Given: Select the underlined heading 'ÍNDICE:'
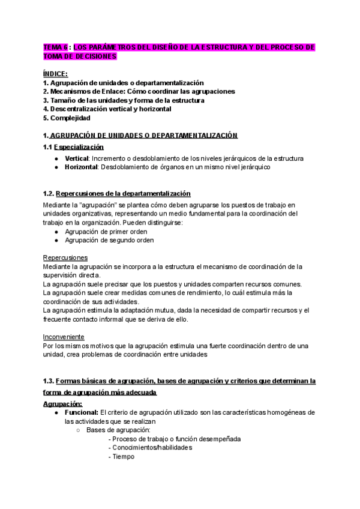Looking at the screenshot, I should (x=55, y=73).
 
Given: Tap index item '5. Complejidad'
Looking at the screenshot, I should (x=67, y=118).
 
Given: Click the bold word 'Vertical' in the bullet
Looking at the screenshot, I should (x=76, y=158).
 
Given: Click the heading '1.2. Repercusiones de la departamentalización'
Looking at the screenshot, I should (x=117, y=193).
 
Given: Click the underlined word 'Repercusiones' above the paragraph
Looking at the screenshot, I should (x=65, y=258).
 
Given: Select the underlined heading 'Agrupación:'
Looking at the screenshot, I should (x=62, y=403).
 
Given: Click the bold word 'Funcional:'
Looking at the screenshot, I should (x=81, y=412).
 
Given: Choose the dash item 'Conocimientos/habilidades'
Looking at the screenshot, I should (x=150, y=447).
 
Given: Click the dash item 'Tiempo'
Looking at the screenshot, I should (x=122, y=456).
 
